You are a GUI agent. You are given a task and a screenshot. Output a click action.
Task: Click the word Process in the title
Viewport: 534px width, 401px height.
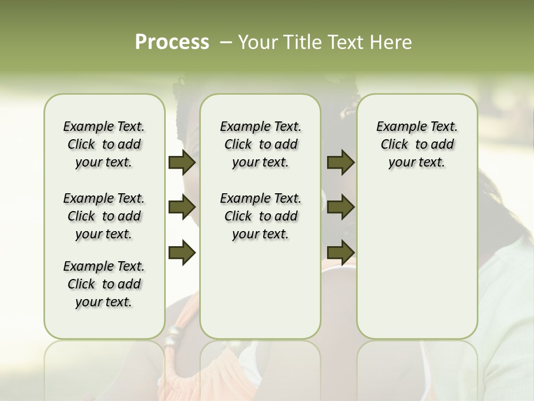point(172,42)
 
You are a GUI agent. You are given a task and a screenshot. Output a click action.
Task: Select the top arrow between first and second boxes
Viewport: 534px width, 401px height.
point(182,163)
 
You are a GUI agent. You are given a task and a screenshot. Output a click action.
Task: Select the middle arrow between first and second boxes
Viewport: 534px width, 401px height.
point(182,208)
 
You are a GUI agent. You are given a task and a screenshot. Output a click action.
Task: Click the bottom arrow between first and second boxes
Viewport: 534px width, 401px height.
point(182,252)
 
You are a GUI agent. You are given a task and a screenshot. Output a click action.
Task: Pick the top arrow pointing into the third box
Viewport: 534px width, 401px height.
point(341,163)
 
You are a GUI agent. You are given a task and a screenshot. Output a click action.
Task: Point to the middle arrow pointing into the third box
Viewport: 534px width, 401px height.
point(341,208)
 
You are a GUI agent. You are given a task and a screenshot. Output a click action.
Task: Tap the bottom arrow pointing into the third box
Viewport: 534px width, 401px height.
point(341,252)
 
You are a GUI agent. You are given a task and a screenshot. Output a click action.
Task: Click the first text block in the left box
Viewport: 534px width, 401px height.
point(104,144)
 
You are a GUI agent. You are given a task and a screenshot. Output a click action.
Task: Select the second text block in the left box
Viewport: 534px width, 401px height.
point(104,216)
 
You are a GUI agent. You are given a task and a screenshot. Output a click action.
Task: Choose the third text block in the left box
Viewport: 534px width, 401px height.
point(104,284)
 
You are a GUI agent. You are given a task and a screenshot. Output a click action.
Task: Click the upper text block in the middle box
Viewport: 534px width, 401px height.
point(260,144)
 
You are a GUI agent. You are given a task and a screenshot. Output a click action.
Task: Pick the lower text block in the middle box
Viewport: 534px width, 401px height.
point(260,216)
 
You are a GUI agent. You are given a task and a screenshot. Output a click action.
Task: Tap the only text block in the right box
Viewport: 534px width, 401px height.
point(417,144)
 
